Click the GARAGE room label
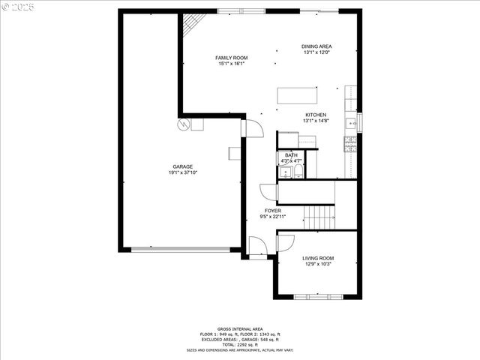pyautogui.click(x=183, y=166)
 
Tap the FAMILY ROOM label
pyautogui.click(x=232, y=58)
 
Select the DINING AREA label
pyautogui.click(x=317, y=46)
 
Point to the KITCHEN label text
pyautogui.click(x=315, y=115)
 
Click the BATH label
pyautogui.click(x=290, y=155)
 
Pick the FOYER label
pyautogui.click(x=273, y=211)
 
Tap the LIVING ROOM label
pyautogui.click(x=317, y=259)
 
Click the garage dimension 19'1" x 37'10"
pyautogui.click(x=183, y=172)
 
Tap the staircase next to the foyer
pyautogui.click(x=319, y=217)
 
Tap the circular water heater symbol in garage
pyautogui.click(x=183, y=124)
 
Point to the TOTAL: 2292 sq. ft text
pyautogui.click(x=239, y=344)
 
